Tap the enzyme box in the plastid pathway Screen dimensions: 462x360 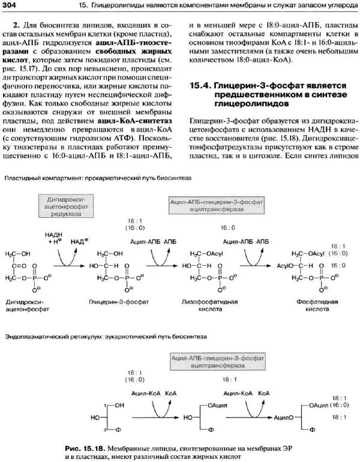214,207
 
